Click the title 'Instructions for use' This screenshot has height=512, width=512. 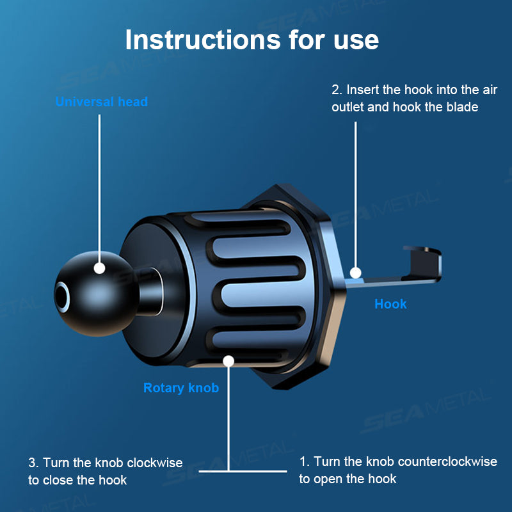(x=252, y=40)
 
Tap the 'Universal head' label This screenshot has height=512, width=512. (x=101, y=102)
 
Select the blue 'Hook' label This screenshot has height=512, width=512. (x=390, y=304)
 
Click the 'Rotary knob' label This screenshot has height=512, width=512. (x=181, y=388)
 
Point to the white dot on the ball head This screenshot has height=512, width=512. (x=99, y=268)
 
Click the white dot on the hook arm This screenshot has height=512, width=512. (x=356, y=273)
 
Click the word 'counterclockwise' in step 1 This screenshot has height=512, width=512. (x=447, y=461)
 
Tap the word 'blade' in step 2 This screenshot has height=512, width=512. (x=461, y=107)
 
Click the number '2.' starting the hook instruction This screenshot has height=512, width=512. (x=337, y=90)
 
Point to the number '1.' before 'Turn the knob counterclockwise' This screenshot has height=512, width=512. (x=305, y=461)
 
